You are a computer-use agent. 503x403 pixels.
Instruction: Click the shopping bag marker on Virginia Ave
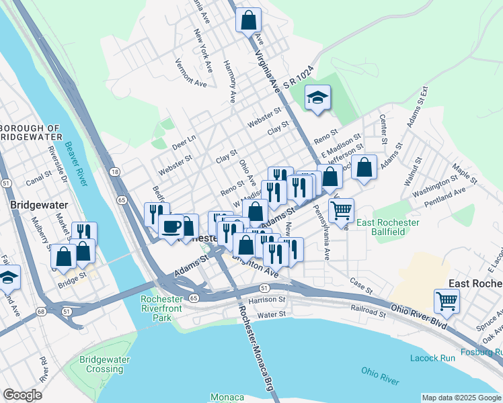pos(248,19)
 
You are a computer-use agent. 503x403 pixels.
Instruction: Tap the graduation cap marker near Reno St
pos(318,99)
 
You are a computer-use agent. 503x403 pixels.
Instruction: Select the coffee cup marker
pos(171,225)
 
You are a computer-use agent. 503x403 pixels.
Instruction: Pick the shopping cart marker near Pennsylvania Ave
pos(341,210)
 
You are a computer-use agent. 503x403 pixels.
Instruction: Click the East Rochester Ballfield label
pos(389,227)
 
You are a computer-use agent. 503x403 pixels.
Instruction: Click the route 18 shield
pos(115,172)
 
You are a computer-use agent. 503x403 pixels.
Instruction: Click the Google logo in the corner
pos(22,395)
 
